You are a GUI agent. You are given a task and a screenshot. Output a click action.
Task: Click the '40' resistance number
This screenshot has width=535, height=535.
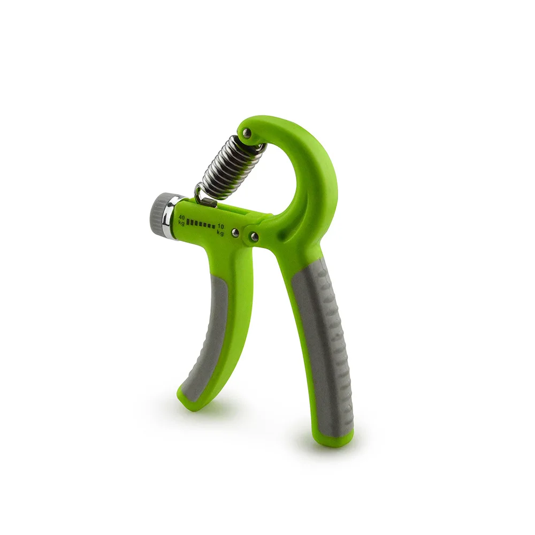[x=181, y=217]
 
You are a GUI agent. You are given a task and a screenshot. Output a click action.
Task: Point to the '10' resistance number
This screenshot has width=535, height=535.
[x=220, y=226]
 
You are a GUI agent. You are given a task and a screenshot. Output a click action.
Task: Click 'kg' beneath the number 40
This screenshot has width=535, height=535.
[x=181, y=223]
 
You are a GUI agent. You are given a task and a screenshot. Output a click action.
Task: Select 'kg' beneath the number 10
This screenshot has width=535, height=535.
[x=220, y=233]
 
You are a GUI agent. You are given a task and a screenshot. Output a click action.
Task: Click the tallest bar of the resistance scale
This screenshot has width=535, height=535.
[x=188, y=223]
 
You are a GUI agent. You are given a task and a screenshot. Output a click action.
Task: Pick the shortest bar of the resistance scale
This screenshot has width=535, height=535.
[x=213, y=226]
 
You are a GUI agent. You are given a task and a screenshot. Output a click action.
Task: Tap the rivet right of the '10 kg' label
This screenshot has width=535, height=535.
[x=235, y=233]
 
